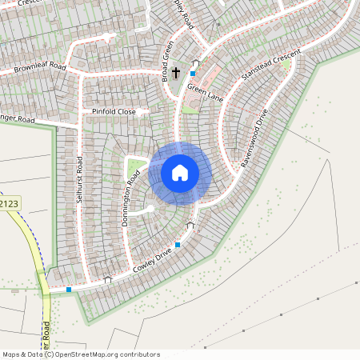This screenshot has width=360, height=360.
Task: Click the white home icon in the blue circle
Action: [x=180, y=172]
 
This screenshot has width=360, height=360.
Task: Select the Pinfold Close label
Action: [x=114, y=111]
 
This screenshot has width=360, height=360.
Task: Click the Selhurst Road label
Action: [x=79, y=180]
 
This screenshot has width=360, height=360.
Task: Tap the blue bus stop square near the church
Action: [x=192, y=74]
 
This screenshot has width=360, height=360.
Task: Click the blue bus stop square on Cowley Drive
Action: [x=178, y=245]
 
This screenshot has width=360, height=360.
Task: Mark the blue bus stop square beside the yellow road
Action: [x=70, y=289]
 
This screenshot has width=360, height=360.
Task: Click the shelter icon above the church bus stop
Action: [x=195, y=63]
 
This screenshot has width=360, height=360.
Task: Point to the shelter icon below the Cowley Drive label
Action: [x=108, y=280]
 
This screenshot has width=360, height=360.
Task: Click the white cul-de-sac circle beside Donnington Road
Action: [x=150, y=209]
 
